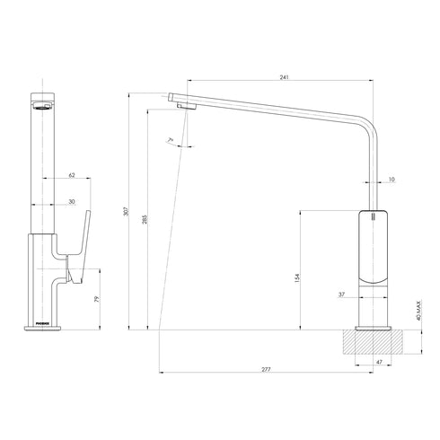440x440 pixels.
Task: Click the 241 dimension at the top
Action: tap(284, 78)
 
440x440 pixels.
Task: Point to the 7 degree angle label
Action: tap(169, 140)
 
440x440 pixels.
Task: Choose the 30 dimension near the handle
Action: tap(73, 202)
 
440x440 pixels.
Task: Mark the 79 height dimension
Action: tap(96, 299)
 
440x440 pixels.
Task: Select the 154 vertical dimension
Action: tap(297, 278)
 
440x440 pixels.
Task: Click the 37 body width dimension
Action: tap(342, 294)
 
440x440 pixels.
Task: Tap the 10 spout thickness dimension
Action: tap(392, 180)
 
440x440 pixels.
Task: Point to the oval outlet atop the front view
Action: tap(42, 103)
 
